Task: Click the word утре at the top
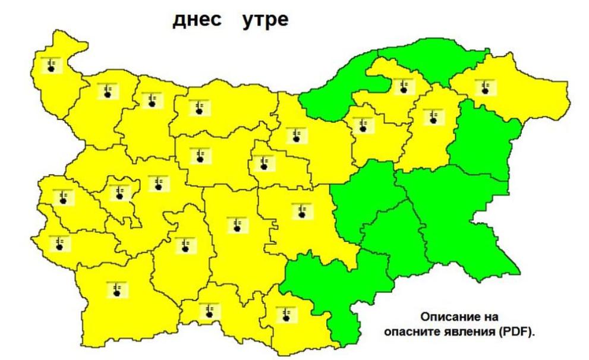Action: pyautogui.click(x=265, y=20)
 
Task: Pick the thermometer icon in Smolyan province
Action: pyautogui.click(x=209, y=310)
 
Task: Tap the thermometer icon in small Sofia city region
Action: pyautogui.click(x=120, y=192)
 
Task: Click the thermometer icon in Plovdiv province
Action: pyautogui.click(x=237, y=224)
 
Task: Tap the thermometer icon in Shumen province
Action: pyautogui.click(x=433, y=116)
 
